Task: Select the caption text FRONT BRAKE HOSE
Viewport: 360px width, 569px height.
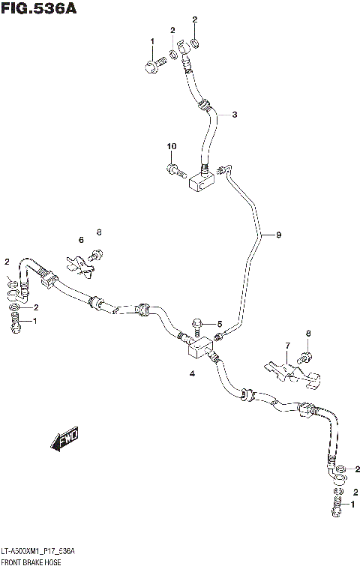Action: click(x=32, y=562)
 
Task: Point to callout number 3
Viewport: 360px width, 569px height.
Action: click(x=234, y=115)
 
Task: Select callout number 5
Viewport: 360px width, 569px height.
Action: click(x=220, y=324)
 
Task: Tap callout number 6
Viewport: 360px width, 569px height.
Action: click(x=81, y=240)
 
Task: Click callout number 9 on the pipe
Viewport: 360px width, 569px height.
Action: click(x=278, y=235)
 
